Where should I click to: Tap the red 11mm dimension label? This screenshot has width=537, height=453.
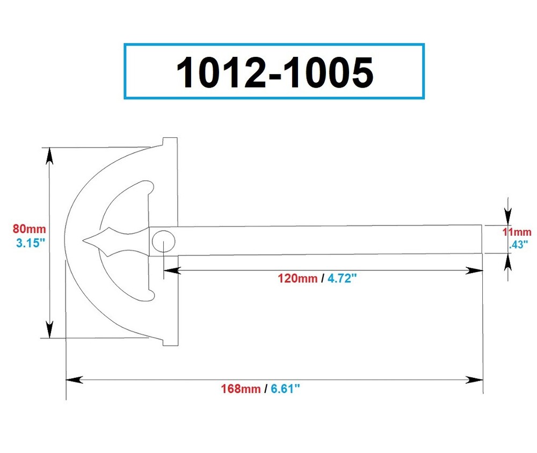[517, 232]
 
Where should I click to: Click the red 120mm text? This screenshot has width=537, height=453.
[297, 279]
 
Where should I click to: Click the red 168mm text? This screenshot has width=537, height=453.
[240, 389]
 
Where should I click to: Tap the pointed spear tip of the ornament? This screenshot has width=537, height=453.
[86, 240]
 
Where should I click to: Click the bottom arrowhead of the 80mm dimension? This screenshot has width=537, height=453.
[49, 330]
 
